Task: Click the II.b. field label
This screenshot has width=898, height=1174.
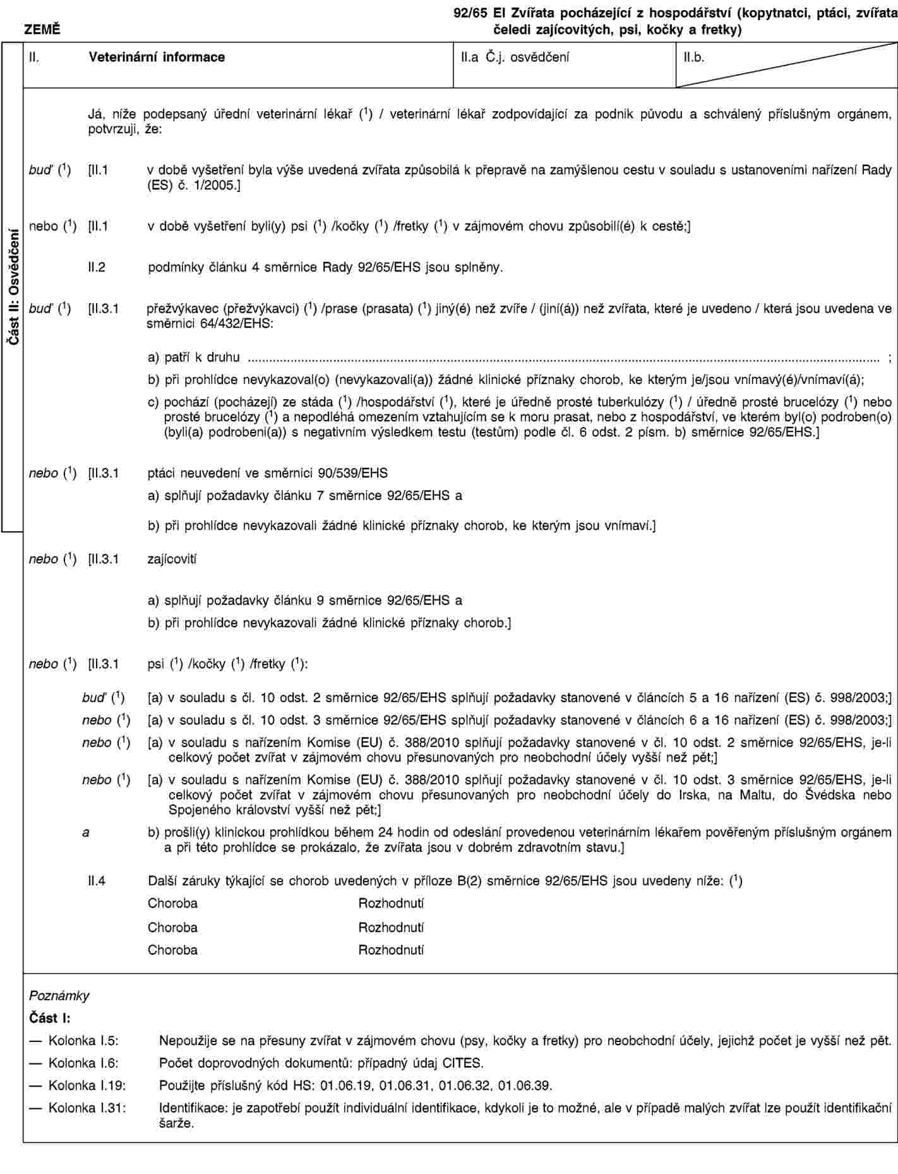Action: pyautogui.click(x=694, y=57)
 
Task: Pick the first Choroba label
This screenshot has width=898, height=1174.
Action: pyautogui.click(x=172, y=903)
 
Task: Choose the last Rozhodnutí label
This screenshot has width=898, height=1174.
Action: pyautogui.click(x=391, y=950)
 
